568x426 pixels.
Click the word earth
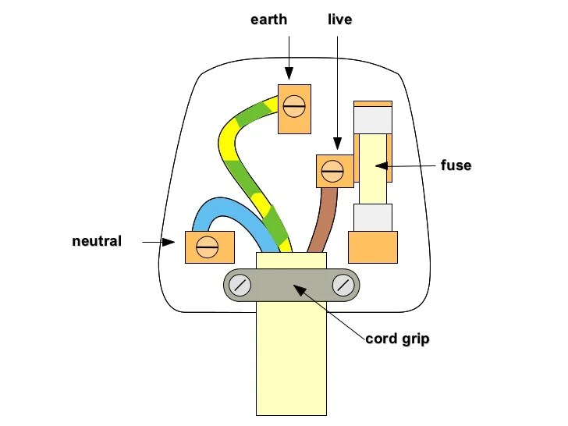tap(269, 20)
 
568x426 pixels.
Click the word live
tap(339, 20)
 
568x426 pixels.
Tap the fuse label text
tap(455, 165)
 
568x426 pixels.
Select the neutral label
tap(97, 241)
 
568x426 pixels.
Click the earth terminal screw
tap(295, 104)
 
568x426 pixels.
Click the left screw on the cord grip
tap(241, 285)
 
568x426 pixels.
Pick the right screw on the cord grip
tap(343, 285)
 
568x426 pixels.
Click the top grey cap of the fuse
tap(373, 119)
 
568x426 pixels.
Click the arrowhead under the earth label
tap(289, 75)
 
